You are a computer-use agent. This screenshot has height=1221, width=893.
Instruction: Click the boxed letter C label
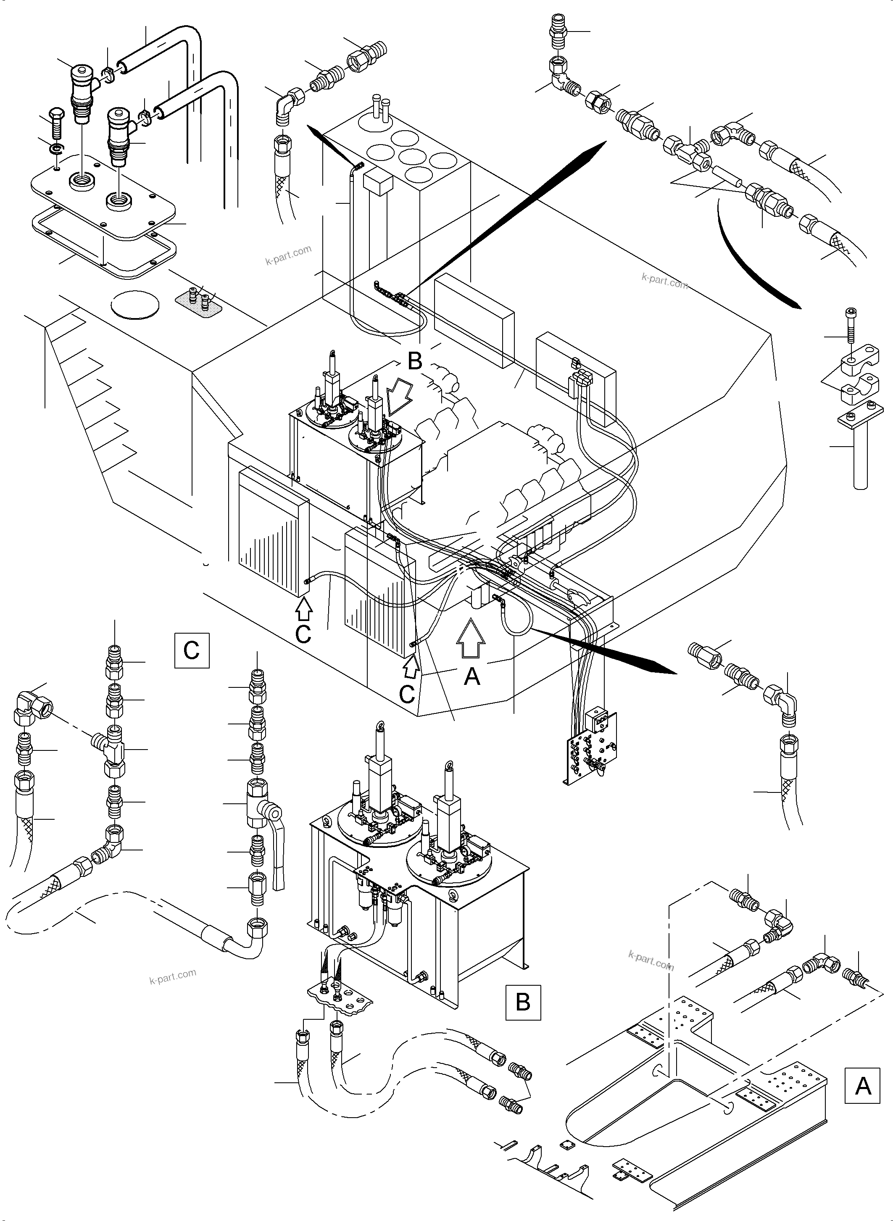[x=191, y=650]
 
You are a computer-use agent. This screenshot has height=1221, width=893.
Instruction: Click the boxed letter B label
[x=523, y=1002]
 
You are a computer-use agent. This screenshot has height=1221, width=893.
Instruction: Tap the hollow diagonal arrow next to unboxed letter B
[x=398, y=396]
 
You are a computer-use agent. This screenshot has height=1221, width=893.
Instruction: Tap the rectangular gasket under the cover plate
[x=103, y=246]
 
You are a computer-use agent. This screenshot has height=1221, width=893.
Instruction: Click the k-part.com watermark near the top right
[x=664, y=281]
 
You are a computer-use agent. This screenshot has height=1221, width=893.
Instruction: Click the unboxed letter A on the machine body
[x=472, y=676]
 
